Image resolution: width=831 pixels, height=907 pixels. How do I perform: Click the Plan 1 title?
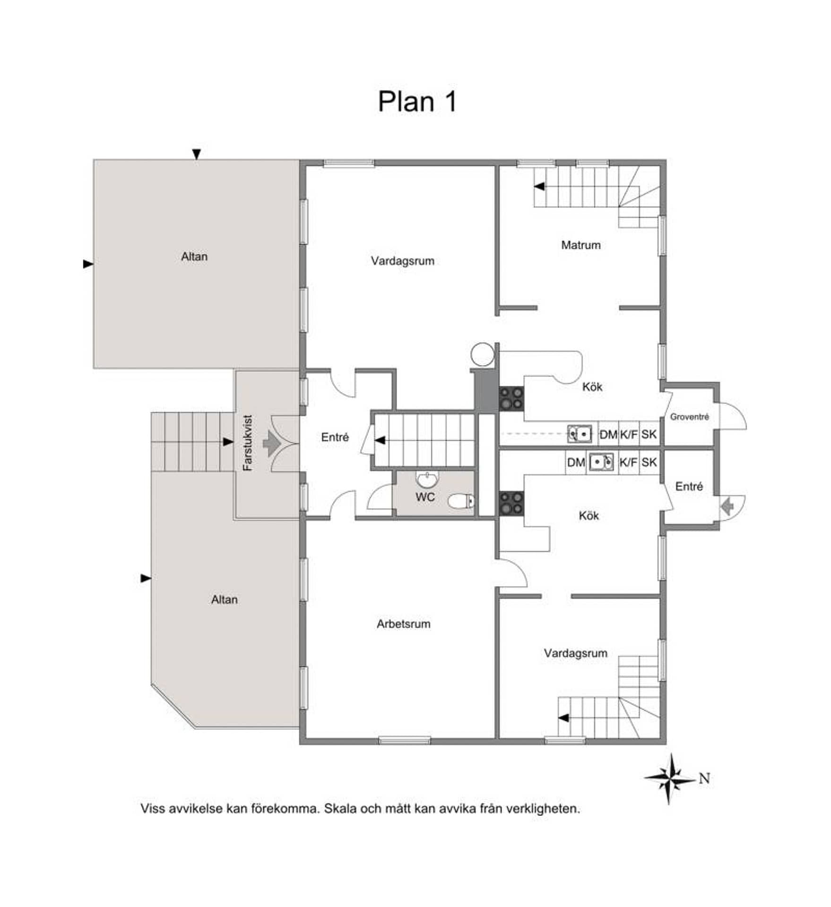coord(417,102)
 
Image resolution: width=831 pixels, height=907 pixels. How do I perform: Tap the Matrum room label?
coord(580,245)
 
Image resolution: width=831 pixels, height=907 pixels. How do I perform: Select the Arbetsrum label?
coord(403,624)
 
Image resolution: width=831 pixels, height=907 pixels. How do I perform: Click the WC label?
coord(425,497)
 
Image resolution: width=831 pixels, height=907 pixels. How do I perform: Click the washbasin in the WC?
coord(428,479)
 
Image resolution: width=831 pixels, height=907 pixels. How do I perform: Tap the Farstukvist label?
coord(248,443)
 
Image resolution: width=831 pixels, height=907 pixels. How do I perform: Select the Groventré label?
coord(689,417)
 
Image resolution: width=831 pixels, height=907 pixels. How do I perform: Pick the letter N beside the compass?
coord(704,778)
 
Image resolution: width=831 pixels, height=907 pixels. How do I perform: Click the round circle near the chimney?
coord(483,354)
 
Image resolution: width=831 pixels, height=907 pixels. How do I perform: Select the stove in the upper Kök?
coord(511,398)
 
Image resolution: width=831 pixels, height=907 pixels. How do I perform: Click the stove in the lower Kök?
coord(511,503)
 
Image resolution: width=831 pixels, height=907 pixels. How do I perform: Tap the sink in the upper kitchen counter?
coord(580,434)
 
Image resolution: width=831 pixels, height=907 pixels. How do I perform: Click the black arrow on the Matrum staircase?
coord(539,187)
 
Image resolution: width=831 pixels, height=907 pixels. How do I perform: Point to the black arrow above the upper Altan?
coord(197,154)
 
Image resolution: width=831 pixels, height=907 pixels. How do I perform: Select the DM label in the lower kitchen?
coord(576,462)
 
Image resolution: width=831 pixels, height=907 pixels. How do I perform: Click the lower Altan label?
coord(224,599)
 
